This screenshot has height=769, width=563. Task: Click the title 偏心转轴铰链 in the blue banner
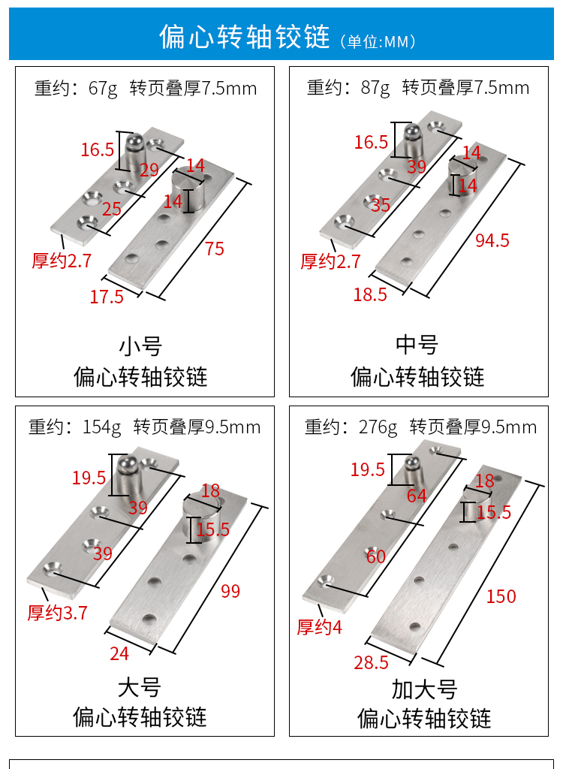pos(244,37)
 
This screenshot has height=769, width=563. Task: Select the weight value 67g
pos(103,89)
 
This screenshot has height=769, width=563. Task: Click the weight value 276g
pos(378,427)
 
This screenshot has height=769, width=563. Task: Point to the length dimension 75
pos(215,249)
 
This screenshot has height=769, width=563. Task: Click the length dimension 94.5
pos(492,240)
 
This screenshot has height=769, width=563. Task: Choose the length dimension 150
pos(501,596)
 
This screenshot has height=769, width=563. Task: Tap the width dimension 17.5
pos(107,297)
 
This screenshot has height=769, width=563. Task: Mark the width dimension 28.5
pos(371,662)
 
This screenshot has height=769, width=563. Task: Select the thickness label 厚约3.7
pos(58,613)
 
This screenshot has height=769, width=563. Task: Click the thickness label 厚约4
pos(319,627)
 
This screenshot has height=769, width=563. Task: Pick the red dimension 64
pos(417,496)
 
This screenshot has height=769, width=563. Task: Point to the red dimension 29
pos(149,170)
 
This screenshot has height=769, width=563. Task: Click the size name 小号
pos(140,346)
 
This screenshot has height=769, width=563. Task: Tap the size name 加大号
pos(424,689)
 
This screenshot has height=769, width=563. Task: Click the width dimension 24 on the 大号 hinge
pos(119,653)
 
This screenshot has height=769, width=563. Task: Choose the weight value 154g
pos(101,427)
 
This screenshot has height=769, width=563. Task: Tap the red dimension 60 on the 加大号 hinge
pos(376,556)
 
